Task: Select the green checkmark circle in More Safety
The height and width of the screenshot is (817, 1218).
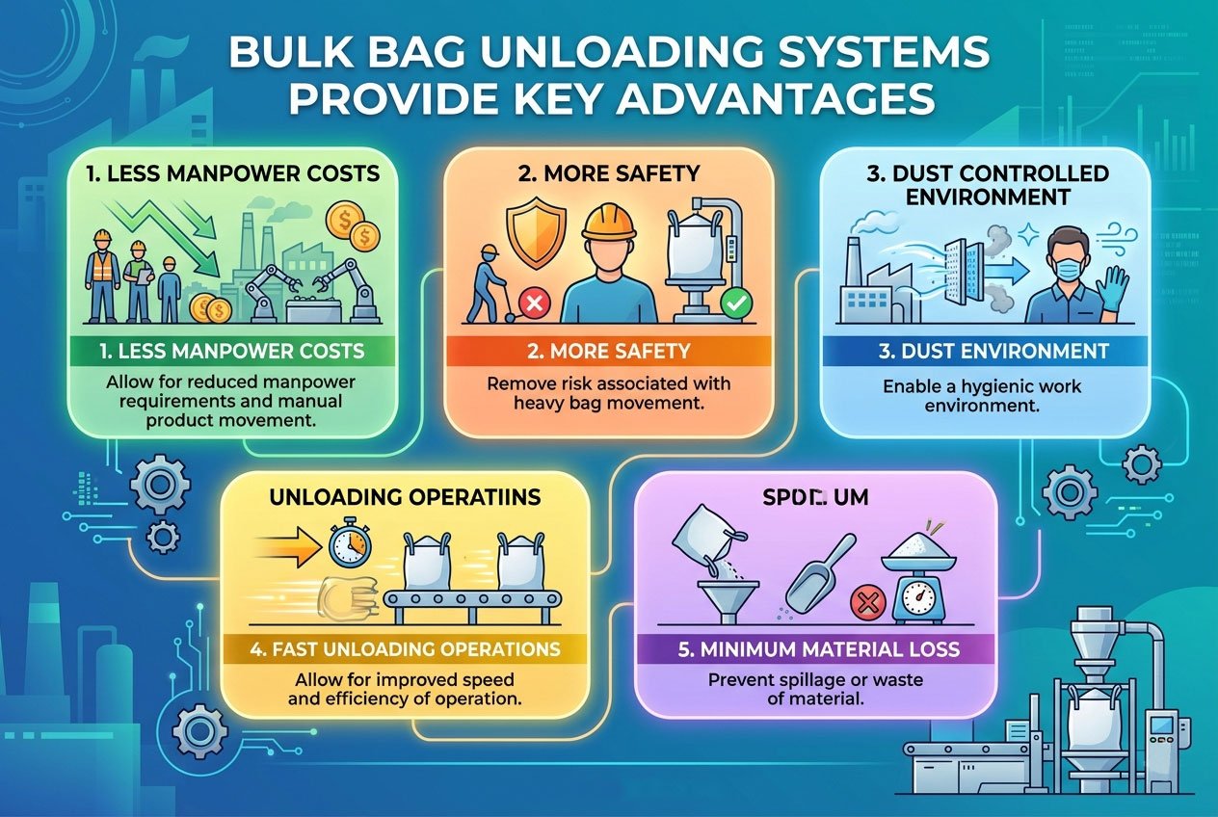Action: click(x=734, y=304)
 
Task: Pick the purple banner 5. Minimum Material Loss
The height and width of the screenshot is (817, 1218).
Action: click(x=818, y=648)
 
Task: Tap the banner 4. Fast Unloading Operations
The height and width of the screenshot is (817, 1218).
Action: click(x=404, y=648)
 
